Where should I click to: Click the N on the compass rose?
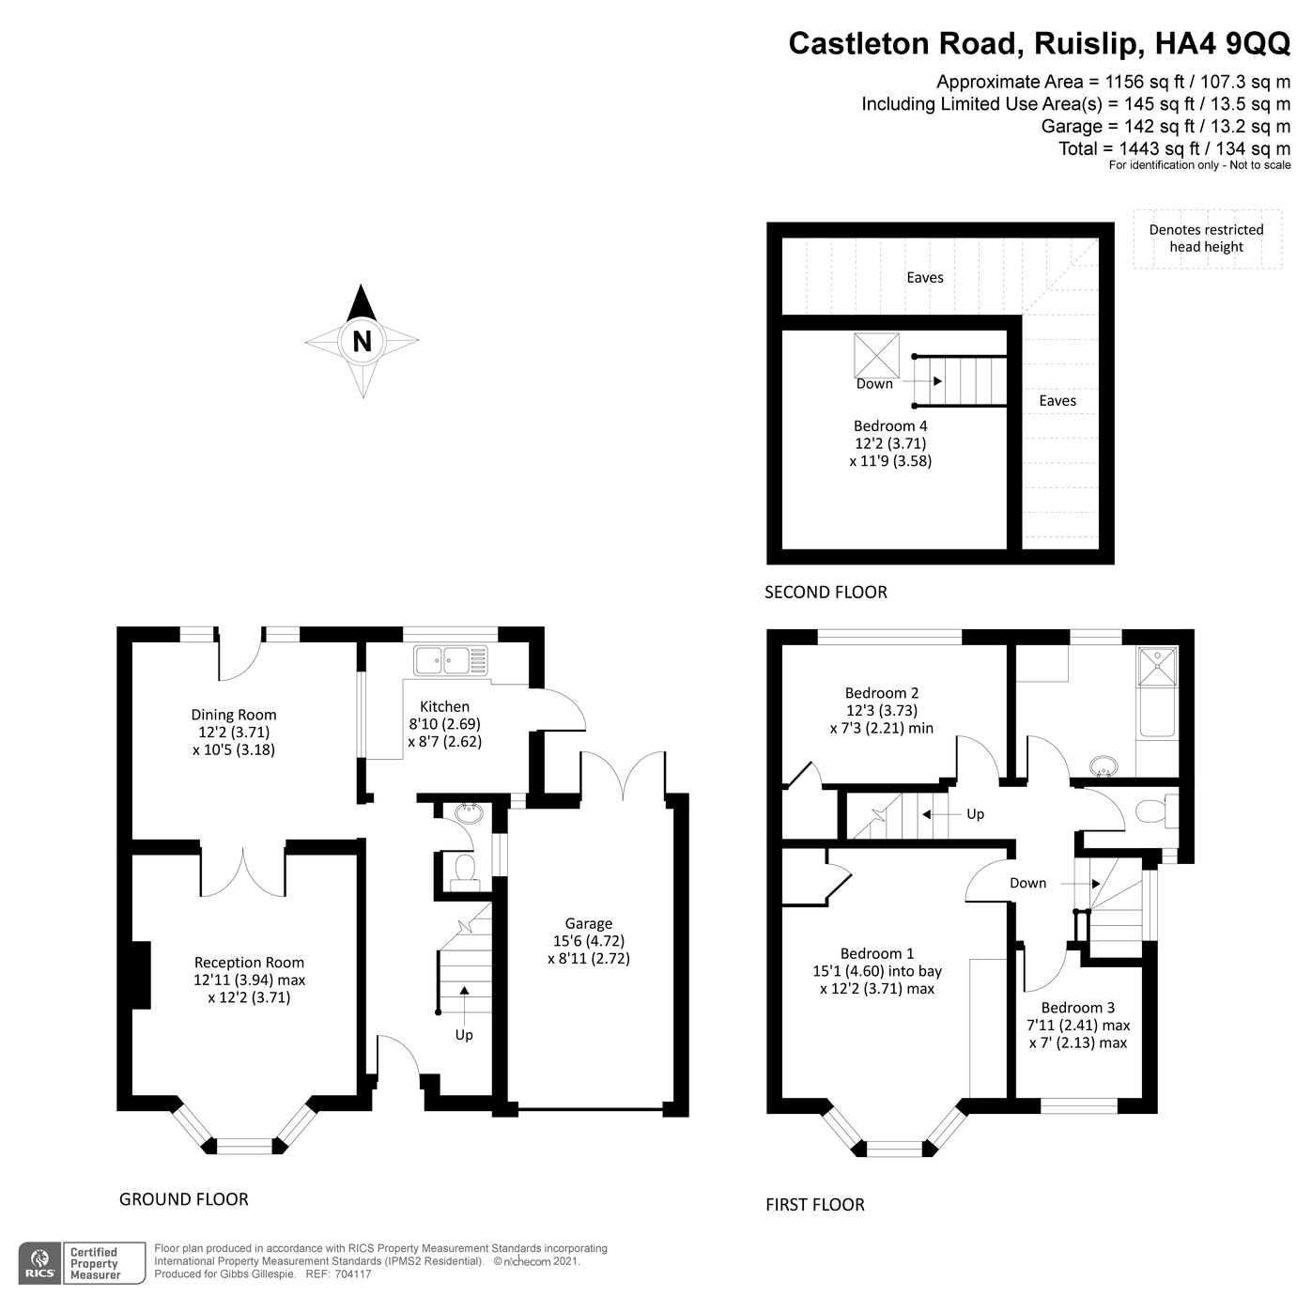362,341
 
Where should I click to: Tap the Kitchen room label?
444,706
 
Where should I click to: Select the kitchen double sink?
451,660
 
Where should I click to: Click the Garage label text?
589,923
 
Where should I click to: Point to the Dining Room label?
234,715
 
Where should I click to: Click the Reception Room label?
249,962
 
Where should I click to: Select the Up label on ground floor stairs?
464,1035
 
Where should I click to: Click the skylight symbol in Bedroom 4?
876,355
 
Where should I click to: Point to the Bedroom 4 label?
890,426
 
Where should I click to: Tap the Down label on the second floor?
874,383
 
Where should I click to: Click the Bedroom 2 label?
882,693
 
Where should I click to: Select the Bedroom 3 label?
1078,1008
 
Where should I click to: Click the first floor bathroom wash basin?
1104,767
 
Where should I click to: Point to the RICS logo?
40,1262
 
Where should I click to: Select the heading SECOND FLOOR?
826,592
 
